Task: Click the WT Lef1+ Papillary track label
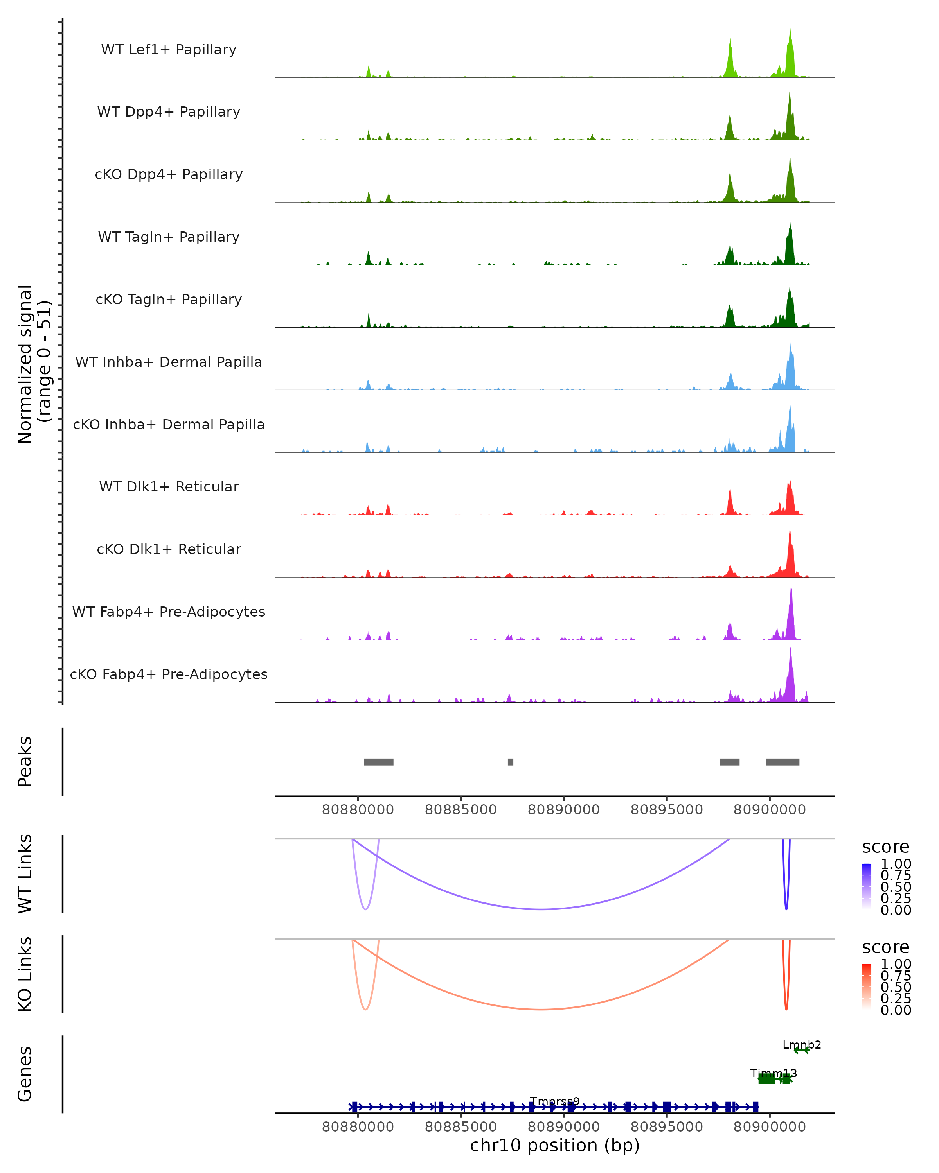pos(169,50)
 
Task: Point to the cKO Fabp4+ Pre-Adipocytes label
pos(169,674)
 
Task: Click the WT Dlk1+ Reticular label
pos(169,486)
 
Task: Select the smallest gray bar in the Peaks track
pos(511,762)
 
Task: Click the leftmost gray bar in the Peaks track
pos(379,762)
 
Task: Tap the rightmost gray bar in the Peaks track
pos(783,762)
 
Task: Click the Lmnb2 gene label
pos(801,1045)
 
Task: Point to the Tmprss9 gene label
pos(555,1102)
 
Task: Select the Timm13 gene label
pos(773,1073)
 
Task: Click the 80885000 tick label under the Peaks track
pos(461,810)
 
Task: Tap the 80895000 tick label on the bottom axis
pos(666,1127)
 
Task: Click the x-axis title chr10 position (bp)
pos(555,1146)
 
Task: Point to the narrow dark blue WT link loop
pos(786,892)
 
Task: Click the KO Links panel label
pos(25,974)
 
